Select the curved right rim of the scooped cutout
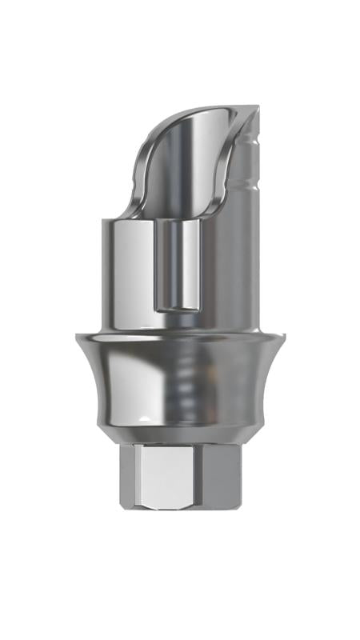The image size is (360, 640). (x=237, y=168)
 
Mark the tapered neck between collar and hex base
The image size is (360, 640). (x=180, y=438)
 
